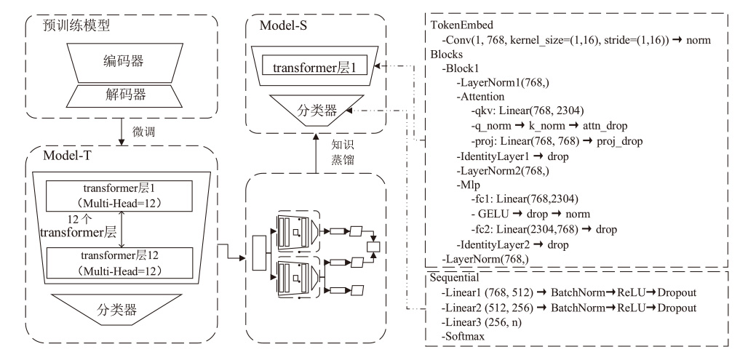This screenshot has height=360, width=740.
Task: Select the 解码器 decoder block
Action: [x=119, y=94]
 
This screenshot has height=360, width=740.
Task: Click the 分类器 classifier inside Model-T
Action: [x=119, y=311]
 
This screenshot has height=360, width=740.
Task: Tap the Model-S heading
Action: [x=287, y=26]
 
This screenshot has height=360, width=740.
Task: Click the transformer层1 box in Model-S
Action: [x=319, y=68]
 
